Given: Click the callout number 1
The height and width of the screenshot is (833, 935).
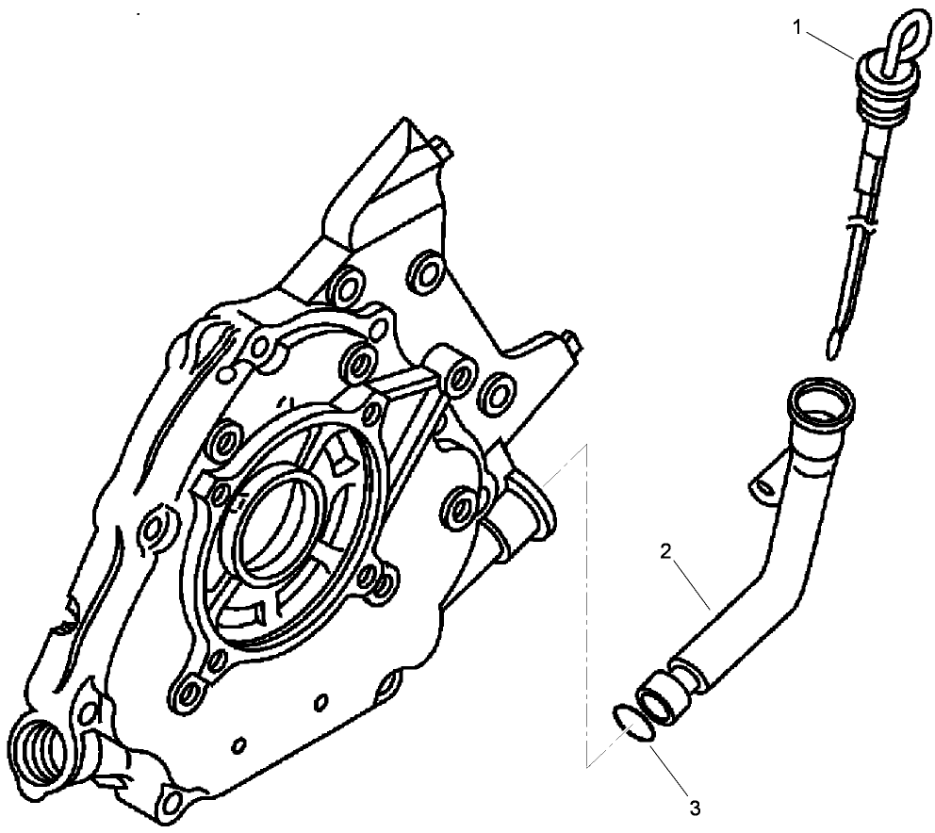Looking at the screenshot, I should (796, 28).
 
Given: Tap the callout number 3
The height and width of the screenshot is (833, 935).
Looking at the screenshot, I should (695, 807).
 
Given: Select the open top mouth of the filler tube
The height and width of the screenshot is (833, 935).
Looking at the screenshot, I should (822, 398).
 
